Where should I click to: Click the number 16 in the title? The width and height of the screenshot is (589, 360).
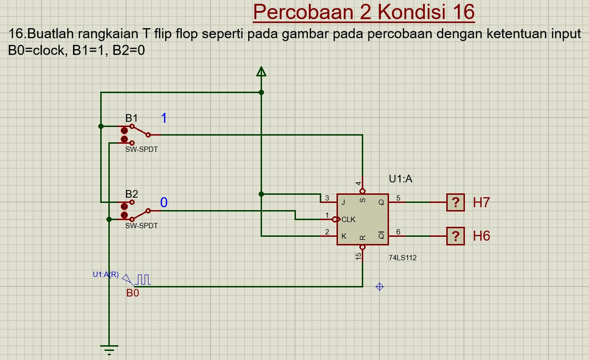tap(461, 12)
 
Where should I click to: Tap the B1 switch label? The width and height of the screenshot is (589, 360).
tap(132, 118)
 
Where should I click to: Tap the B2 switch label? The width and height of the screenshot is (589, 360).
tap(132, 194)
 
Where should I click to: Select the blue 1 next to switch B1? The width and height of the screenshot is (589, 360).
tap(164, 118)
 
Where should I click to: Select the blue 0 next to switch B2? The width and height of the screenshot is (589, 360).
tap(164, 202)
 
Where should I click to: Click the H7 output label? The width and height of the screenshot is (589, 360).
tap(481, 202)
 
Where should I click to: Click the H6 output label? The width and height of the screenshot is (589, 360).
tap(481, 236)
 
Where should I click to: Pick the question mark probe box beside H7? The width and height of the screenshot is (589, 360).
tap(456, 202)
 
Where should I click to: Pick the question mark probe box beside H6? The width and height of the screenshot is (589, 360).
tap(456, 236)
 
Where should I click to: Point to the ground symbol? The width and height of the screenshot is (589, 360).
tap(109, 349)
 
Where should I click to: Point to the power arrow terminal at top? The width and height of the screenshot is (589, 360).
tap(261, 72)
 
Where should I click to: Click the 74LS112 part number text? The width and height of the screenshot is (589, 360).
tap(403, 258)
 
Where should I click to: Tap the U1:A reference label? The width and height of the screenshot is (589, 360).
tap(400, 180)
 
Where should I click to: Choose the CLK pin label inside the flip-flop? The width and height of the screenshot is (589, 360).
tap(348, 220)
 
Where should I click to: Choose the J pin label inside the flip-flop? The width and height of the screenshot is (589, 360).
tap(343, 202)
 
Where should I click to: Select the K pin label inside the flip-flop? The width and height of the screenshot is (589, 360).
tap(343, 236)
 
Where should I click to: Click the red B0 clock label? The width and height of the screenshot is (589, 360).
tap(133, 293)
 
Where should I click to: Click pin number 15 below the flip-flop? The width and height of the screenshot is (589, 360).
tap(358, 256)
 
